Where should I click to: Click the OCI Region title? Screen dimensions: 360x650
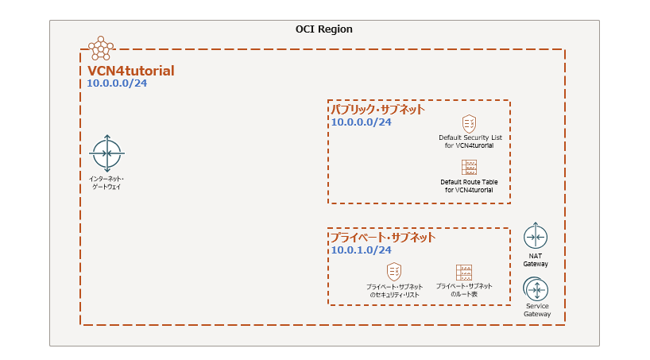click(x=324, y=29)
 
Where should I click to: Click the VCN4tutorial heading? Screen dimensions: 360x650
click(x=131, y=71)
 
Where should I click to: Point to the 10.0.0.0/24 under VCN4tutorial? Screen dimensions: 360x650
click(x=117, y=83)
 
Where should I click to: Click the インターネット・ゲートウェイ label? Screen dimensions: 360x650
click(x=106, y=182)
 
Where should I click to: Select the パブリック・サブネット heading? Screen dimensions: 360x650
click(x=377, y=110)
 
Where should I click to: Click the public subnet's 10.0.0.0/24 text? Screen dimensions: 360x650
click(x=361, y=122)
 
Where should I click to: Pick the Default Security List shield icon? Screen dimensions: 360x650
click(x=470, y=123)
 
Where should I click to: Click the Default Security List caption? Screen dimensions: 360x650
click(x=470, y=141)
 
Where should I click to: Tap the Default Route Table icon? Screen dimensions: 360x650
click(x=470, y=167)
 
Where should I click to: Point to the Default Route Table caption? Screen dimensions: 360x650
click(x=470, y=186)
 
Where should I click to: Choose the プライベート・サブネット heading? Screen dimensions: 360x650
click(x=383, y=238)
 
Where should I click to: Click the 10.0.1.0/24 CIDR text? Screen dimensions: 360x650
click(x=361, y=250)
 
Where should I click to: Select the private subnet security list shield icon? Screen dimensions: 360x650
click(x=393, y=271)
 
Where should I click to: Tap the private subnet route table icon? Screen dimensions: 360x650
click(x=464, y=272)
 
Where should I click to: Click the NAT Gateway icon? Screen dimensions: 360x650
click(x=535, y=237)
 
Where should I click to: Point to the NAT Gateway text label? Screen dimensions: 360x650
click(x=535, y=260)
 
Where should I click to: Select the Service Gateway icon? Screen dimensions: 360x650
click(x=536, y=288)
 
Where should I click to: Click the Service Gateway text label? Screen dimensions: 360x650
click(x=537, y=310)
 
